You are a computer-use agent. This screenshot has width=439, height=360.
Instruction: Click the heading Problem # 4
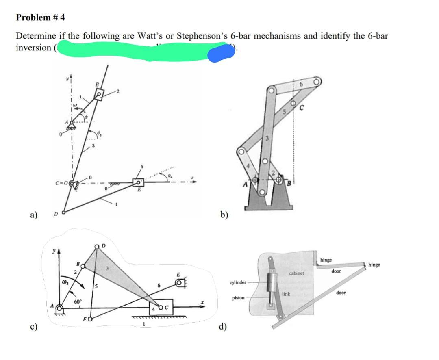pos(40,17)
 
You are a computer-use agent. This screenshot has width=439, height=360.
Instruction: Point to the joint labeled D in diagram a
pos(63,212)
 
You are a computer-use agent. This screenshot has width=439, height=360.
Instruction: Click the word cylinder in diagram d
pos(238,282)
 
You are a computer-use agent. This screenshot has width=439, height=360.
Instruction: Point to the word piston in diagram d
pos(238,298)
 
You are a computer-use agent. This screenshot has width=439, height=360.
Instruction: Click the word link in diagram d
pos(286,293)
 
